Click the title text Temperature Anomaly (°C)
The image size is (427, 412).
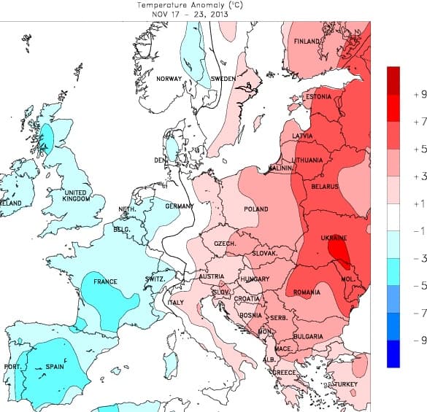coord(189,4)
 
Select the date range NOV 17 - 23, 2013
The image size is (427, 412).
coord(189,13)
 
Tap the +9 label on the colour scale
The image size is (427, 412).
coord(419,95)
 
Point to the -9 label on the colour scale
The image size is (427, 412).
coord(419,341)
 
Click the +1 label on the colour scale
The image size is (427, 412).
coord(419,203)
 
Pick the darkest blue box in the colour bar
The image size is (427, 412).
coord(393,354)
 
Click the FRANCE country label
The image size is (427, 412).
coord(104,281)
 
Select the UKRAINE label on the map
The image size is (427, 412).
coord(334,238)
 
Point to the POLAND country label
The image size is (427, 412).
coord(256,209)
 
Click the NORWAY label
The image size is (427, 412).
coord(169,79)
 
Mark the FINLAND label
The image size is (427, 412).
coord(307,42)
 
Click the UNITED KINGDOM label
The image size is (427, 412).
coord(76,196)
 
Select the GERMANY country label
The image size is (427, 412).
coord(179,206)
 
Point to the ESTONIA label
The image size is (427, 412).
coord(318,97)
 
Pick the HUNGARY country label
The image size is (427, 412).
coord(255,279)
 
